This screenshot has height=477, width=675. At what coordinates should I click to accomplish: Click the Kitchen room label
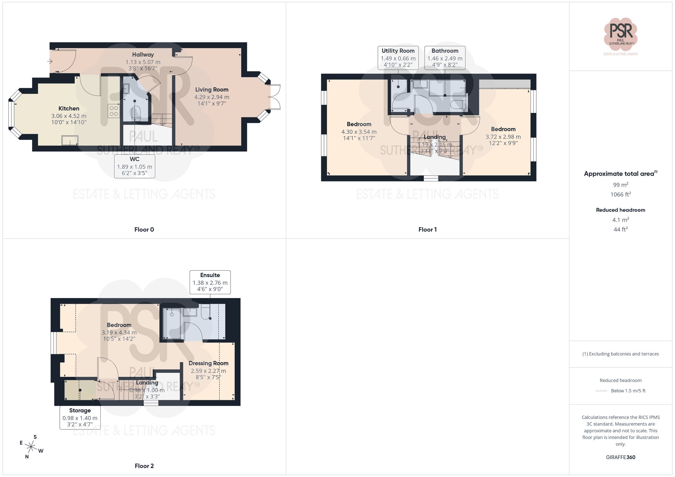coord(69,109)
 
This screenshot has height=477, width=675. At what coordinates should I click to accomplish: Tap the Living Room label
coord(212,90)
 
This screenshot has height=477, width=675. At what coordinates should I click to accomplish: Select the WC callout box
coord(135,166)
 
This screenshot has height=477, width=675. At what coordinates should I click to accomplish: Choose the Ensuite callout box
coord(210,282)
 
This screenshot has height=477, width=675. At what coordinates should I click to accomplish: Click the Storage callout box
coord(80,417)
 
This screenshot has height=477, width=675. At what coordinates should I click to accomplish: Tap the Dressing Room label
coord(208,363)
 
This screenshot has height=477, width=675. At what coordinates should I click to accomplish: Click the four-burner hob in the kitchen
coord(114,111)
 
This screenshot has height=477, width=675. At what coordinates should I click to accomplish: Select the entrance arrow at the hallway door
coord(50,61)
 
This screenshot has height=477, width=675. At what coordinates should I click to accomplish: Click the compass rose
coord(31,447)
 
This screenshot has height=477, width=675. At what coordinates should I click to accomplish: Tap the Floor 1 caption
coord(427,230)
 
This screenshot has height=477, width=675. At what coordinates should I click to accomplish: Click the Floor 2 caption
coord(144,466)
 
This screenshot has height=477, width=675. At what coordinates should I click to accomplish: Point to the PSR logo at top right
coord(620,34)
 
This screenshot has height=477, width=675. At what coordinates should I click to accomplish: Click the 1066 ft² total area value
coord(620,195)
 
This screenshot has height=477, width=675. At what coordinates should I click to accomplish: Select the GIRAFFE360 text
coord(620,457)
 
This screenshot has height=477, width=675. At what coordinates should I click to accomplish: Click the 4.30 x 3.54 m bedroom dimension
coord(359,132)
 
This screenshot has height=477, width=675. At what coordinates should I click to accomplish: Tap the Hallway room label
coord(143,55)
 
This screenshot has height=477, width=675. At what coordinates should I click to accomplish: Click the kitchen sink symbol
coord(70,140)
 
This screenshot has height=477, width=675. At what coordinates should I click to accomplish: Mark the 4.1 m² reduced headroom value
coord(620,220)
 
